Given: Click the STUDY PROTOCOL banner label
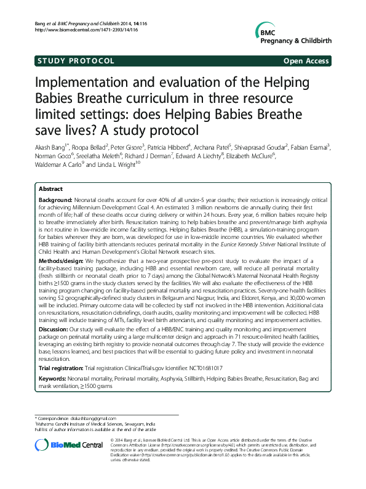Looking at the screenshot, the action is coord(76,61).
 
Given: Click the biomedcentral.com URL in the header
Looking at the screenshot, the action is coord(79,30).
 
